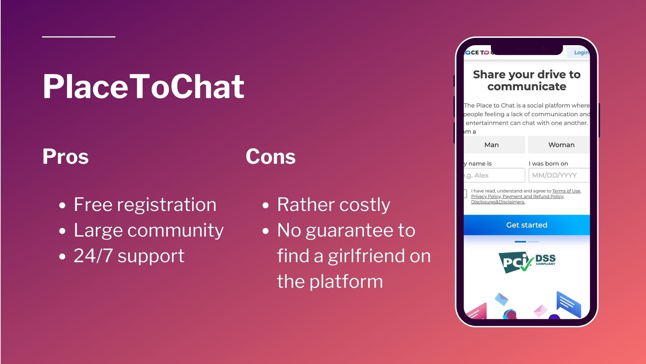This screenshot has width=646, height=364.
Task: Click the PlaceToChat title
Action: click(143, 87)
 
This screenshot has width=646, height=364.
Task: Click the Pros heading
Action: click(65, 157)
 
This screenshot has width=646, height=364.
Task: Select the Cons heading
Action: click(271, 157)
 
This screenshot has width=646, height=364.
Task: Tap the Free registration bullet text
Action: click(145, 205)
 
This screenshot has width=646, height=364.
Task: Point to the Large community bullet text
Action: click(148, 230)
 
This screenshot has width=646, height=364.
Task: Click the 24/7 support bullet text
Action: click(129, 256)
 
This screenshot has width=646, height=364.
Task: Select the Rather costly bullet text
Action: click(333, 205)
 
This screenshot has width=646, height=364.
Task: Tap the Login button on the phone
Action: click(581, 53)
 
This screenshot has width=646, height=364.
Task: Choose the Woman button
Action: click(561, 145)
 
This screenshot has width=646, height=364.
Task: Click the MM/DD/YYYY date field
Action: click(559, 175)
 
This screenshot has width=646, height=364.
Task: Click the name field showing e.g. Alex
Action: click(494, 175)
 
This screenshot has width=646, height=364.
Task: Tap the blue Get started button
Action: click(527, 225)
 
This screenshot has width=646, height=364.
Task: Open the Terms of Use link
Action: click(566, 191)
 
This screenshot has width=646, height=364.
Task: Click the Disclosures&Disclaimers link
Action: click(498, 202)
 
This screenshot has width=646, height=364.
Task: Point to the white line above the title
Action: click(79, 36)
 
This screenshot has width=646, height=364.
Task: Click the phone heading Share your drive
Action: click(527, 80)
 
